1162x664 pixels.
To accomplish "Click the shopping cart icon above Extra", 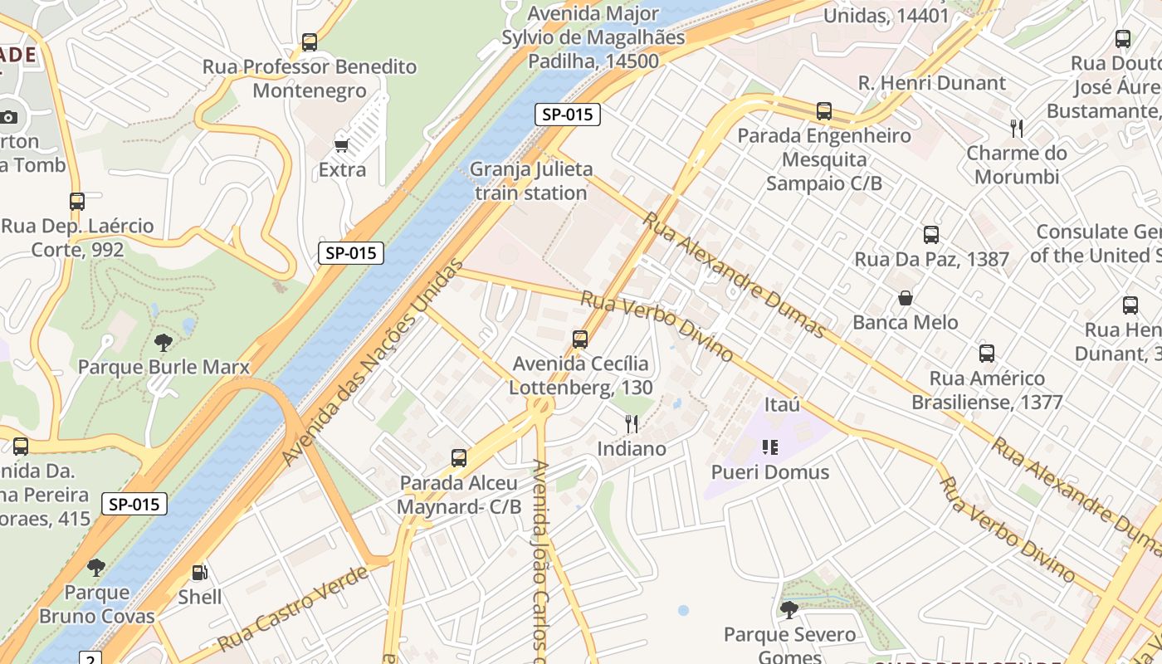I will (x=341, y=146).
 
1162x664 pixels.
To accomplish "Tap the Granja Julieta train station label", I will (x=531, y=181).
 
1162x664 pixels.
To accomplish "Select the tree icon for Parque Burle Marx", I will (x=164, y=343).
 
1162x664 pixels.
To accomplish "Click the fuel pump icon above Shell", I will (x=200, y=572).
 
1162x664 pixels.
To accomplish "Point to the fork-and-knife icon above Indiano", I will (x=632, y=424).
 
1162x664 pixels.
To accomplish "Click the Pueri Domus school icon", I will (x=769, y=447).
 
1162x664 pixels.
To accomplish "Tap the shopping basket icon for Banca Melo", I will (x=906, y=298).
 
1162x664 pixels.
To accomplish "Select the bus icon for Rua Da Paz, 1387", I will (x=931, y=235).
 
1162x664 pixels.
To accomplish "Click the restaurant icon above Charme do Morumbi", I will (x=1017, y=128).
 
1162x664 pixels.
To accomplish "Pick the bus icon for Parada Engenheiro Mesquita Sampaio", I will (x=824, y=111).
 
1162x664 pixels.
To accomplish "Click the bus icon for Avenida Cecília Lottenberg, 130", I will (x=580, y=339).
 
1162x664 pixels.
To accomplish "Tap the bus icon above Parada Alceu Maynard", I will (x=459, y=458).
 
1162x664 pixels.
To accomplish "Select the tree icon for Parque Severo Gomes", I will (x=788, y=610).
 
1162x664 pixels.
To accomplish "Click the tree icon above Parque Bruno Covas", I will (x=96, y=568).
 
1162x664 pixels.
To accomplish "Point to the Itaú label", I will (x=782, y=404).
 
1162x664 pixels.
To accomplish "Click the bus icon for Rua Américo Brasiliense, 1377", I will (x=987, y=354).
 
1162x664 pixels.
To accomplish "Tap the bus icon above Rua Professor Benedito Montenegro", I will (x=310, y=42).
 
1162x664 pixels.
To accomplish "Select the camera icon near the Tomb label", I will (x=9, y=117).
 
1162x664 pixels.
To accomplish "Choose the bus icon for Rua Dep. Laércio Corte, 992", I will (x=77, y=202).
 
